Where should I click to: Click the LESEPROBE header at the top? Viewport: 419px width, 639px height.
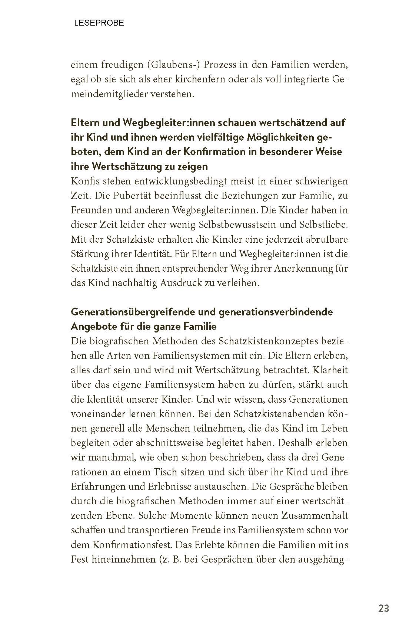click(99, 23)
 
